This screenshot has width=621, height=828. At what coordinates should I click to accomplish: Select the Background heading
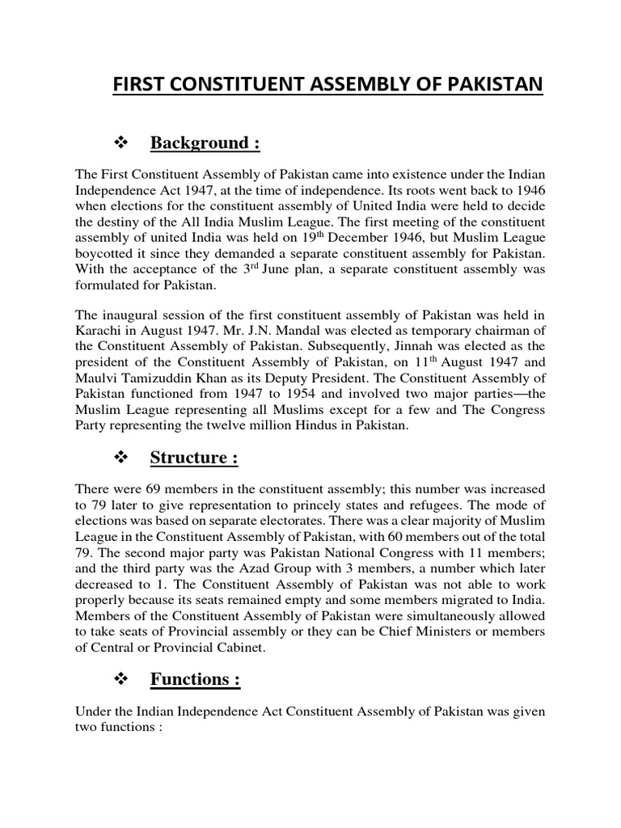point(205,143)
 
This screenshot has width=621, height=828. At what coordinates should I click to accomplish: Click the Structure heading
point(194,458)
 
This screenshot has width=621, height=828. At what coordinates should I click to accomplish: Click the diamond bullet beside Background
point(124,143)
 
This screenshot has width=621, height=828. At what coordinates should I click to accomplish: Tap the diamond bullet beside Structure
point(124,458)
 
